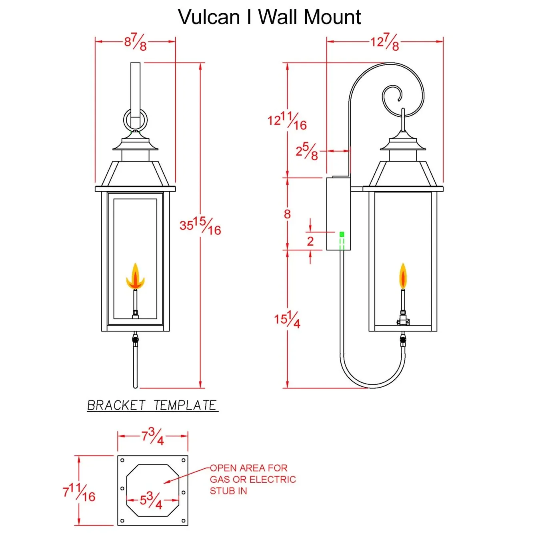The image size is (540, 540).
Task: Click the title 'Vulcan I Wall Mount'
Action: pos(269,18)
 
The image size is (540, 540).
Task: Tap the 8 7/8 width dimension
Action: pos(135,42)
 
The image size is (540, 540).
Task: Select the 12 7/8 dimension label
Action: pos(384,42)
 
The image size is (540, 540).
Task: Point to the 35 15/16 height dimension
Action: pos(200,226)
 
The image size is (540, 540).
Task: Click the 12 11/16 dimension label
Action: pos(287,121)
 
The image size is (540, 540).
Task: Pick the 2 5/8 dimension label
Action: pos(307,151)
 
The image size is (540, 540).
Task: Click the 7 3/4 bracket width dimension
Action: pos(152,436)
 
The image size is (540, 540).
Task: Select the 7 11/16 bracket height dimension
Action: pos(79,492)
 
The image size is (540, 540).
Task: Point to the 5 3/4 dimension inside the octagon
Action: pos(151,500)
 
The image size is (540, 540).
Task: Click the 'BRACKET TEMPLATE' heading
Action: pos(152,406)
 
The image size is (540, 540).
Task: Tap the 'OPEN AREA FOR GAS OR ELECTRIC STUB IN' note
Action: pos(252,479)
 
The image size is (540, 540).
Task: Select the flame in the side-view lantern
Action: pos(403,276)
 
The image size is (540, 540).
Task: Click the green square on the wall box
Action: pos(342,234)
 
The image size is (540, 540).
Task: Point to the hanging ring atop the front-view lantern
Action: pos(135,120)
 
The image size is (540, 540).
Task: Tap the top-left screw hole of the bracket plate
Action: pos(122,461)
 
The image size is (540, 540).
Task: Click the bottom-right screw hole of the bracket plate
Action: pos(183,520)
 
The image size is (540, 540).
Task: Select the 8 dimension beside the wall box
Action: pos(287,214)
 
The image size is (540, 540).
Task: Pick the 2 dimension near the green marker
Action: pos(310,241)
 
